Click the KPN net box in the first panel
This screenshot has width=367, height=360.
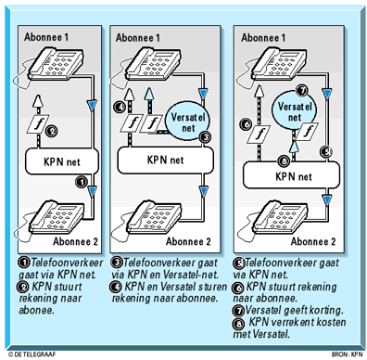point(62,161)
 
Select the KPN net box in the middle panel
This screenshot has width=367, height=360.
point(166,160)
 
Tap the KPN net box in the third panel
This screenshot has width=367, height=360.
point(291,175)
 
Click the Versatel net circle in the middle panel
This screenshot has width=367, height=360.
point(187,122)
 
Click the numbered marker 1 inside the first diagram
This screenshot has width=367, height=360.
point(82,182)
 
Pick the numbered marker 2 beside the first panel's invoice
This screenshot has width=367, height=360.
point(52,131)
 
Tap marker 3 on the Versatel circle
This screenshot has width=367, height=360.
point(206,136)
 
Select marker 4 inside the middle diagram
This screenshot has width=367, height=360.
point(120,107)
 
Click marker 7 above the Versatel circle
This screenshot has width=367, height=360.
point(302,90)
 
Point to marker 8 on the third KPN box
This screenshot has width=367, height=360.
point(284,161)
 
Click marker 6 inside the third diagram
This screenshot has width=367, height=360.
point(247,124)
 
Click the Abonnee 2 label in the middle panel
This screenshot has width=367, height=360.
point(188,241)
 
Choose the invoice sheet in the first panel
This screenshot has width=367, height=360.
point(38,124)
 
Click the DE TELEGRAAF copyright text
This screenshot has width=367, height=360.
point(32,354)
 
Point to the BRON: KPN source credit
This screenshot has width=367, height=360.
point(348,354)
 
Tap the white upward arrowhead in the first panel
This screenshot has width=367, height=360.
point(37,101)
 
